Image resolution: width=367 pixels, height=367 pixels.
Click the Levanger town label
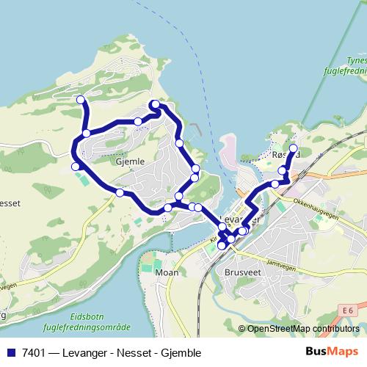coord(239,219)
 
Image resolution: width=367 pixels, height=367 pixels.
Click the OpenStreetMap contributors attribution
coord(302,328)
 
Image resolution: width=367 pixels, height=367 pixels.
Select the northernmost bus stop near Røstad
coord(294,148)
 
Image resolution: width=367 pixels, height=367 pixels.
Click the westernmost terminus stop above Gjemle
coord(80,100)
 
